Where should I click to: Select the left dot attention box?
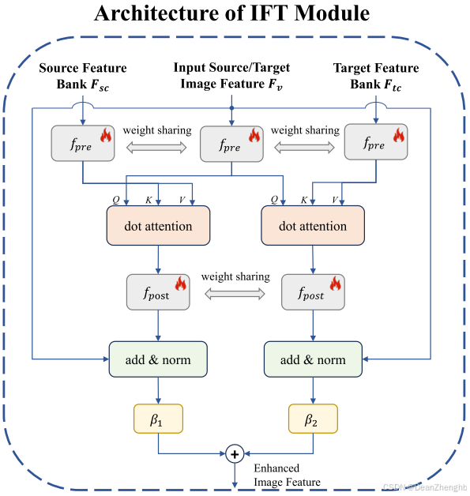pos(158,226)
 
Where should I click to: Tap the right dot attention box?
pos(313,226)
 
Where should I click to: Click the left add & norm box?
pos(158,359)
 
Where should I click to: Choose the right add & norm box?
pos(313,359)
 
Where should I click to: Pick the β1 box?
pos(158,419)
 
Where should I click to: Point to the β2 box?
pos(313,419)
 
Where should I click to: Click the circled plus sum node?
pos(235,453)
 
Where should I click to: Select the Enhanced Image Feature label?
pos(287,475)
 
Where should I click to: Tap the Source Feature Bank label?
pos(82,77)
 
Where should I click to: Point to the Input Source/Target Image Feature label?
pos(231,77)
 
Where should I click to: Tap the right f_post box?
pos(313,293)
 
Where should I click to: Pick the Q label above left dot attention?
pos(115,200)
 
